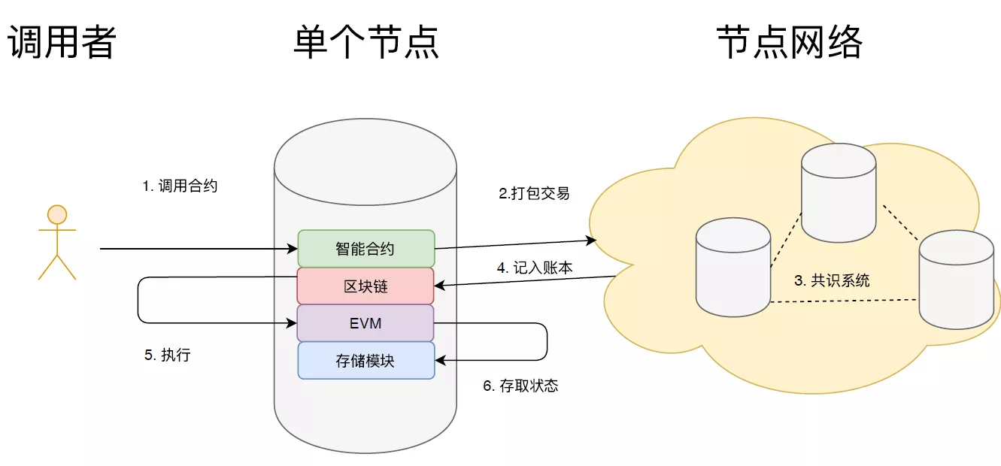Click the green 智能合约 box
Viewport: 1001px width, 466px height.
point(366,249)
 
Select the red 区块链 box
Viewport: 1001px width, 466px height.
point(366,286)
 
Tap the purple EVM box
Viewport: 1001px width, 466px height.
point(366,323)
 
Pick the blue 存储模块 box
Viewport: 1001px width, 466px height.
point(366,361)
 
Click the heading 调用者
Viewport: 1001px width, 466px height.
point(62,42)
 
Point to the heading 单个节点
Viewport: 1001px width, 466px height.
point(366,42)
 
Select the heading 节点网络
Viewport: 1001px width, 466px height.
point(790,42)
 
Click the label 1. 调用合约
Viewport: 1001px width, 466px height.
point(180,186)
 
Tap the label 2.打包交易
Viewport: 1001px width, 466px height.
point(534,193)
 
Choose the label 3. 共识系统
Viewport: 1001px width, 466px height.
point(832,280)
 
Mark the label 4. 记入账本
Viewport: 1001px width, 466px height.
point(535,268)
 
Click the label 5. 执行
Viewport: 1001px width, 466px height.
point(168,356)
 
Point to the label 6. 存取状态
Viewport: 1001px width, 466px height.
point(520,386)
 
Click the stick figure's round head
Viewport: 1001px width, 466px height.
point(57,214)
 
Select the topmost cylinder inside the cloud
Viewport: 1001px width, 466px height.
point(839,192)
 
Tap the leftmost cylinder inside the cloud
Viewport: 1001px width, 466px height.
point(733,267)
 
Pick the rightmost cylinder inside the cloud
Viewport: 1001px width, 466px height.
point(957,280)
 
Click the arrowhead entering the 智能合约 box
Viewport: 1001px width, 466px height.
point(293,249)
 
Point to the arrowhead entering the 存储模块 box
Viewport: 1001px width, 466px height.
point(440,360)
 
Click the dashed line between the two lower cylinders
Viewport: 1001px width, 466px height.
point(845,301)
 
